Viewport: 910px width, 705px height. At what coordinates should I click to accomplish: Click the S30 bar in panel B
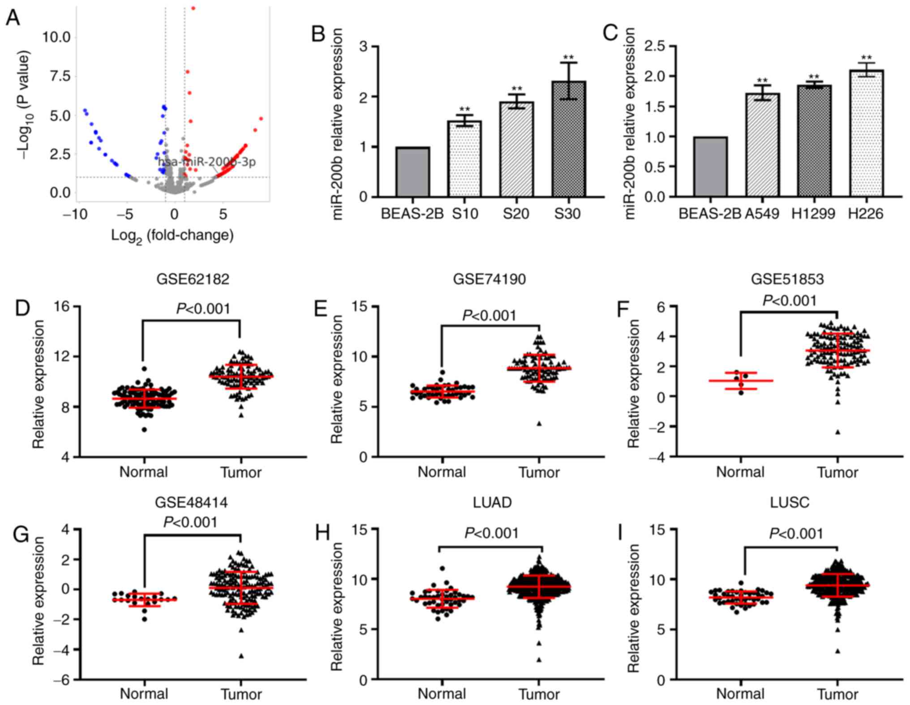pos(568,139)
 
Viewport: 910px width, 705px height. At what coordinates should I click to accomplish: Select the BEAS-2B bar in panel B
pos(412,172)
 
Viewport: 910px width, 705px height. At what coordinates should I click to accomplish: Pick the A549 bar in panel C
pos(762,145)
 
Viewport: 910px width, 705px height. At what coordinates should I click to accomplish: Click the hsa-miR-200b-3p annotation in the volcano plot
pos(207,162)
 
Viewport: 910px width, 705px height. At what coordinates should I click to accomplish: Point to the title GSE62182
pos(193,279)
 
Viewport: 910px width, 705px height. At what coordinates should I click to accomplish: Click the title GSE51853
pos(787,279)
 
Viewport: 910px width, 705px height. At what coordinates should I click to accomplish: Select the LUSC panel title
pos(790,502)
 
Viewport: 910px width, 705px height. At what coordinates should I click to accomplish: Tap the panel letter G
pos(21,535)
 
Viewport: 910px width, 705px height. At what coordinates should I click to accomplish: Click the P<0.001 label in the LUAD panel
pos(491,533)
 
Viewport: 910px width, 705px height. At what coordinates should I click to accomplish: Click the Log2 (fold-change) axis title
pos(172,235)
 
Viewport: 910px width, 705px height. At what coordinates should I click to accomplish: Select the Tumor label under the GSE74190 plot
pos(539,472)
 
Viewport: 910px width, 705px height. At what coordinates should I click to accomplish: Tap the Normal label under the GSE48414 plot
pos(144,694)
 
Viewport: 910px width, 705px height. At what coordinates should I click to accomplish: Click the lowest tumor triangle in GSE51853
pos(837,432)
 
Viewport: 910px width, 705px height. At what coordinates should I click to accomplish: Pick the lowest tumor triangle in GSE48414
pos(241,656)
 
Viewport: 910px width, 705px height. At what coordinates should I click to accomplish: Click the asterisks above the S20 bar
pos(517,88)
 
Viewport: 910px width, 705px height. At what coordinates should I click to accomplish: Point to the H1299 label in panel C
pos(813,214)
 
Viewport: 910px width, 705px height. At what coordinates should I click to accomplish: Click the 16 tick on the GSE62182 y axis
pos(62,306)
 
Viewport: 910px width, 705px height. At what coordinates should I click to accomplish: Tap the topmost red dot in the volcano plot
pos(193,8)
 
